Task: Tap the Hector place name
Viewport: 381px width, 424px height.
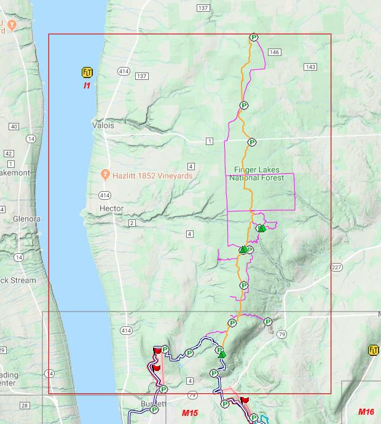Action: [x=111, y=209]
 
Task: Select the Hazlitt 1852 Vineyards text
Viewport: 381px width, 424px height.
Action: [x=152, y=176]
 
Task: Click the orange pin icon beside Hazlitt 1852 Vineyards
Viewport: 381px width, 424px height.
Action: [x=106, y=175]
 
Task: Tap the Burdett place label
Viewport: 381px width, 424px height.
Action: [x=152, y=404]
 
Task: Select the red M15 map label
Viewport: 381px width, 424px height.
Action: [x=189, y=413]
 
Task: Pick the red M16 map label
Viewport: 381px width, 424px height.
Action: [x=366, y=412]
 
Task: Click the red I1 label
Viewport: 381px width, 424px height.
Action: [x=87, y=85]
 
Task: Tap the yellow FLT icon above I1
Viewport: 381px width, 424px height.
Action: [x=87, y=73]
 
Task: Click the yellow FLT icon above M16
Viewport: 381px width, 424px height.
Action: [x=373, y=350]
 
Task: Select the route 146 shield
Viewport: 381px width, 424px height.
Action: [x=274, y=52]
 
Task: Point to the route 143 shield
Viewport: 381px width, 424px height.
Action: [x=310, y=67]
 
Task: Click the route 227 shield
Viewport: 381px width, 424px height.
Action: [x=336, y=267]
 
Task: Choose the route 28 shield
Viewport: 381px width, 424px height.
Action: [x=24, y=405]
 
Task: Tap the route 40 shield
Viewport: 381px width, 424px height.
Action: [x=14, y=127]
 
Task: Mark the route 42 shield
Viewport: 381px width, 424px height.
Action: [x=9, y=153]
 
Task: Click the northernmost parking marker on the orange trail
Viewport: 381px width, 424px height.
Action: [x=253, y=38]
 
